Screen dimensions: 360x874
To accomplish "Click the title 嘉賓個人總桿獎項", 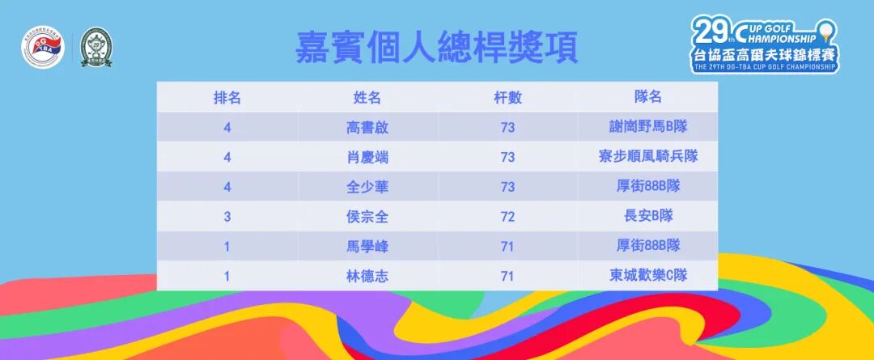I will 437,48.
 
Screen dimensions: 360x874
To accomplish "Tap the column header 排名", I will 227,98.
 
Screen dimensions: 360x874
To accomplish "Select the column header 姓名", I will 367,98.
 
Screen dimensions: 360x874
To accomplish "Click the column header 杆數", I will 508,98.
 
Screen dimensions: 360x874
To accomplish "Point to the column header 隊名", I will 648,97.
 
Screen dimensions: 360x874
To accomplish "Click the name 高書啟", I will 367,127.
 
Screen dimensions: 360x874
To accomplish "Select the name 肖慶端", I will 367,157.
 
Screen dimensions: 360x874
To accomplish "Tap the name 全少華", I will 367,187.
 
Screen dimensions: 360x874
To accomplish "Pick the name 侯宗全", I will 367,216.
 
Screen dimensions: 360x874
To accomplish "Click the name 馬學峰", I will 367,246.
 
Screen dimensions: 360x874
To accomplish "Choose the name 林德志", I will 367,276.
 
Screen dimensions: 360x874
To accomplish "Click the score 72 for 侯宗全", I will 508,216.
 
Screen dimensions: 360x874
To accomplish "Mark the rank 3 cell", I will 227,216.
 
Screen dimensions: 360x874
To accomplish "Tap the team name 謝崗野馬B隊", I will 648,127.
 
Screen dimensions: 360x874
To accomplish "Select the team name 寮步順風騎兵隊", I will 648,157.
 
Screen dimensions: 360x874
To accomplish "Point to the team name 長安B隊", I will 648,216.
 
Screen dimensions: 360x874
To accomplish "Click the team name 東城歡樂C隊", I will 648,276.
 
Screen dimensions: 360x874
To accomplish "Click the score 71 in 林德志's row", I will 508,276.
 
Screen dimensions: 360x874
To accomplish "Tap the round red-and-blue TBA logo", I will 42,50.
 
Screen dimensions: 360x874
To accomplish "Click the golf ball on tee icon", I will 825,33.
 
